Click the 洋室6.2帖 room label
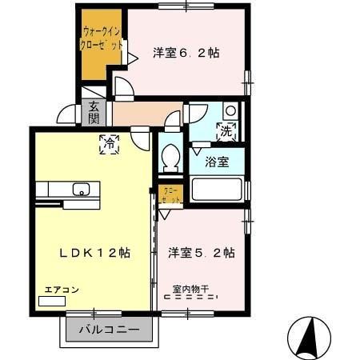pyautogui.click(x=186, y=54)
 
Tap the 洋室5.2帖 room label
pyautogui.click(x=201, y=253)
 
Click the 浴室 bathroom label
pyautogui.click(x=217, y=162)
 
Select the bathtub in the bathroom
pyautogui.click(x=217, y=191)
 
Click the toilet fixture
pyautogui.click(x=168, y=159)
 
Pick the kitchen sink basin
pyautogui.click(x=81, y=190)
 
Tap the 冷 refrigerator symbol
pyautogui.click(x=109, y=145)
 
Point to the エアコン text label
pyautogui.click(x=56, y=290)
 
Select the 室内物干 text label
pyautogui.click(x=190, y=289)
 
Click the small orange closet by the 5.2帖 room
pyautogui.click(x=170, y=193)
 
